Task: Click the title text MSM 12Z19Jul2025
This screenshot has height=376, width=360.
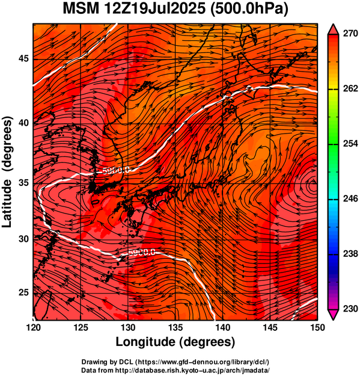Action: (x=134, y=9)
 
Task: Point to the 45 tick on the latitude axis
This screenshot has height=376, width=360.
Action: (x=23, y=58)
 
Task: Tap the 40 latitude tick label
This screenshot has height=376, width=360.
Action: (x=23, y=123)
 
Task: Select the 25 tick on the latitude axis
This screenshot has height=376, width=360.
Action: (x=23, y=292)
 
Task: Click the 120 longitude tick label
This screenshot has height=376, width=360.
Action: (x=33, y=327)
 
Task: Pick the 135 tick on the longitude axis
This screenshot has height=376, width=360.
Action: (x=175, y=327)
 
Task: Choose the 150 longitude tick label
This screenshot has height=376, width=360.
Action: (x=317, y=327)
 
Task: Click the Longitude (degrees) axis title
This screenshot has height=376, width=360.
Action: (x=175, y=342)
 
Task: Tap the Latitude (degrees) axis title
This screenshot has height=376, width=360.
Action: (x=7, y=171)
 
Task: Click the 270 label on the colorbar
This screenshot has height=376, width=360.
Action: (x=350, y=34)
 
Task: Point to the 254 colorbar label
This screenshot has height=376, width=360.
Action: (x=350, y=144)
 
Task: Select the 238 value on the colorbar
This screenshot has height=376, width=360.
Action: (x=350, y=254)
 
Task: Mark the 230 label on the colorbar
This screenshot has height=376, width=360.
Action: (x=350, y=309)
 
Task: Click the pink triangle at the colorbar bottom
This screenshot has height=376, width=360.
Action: (x=334, y=315)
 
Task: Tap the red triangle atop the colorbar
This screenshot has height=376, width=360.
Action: (x=334, y=29)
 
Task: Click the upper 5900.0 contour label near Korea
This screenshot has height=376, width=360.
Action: (x=116, y=170)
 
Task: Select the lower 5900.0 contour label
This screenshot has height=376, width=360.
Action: (x=142, y=253)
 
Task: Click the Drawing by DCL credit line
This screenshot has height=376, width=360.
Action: (x=175, y=362)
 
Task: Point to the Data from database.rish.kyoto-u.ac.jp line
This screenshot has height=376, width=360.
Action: (x=175, y=370)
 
